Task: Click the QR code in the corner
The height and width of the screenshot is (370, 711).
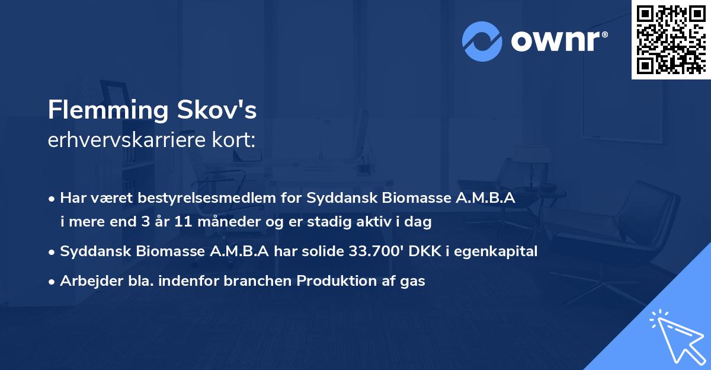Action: pos(670,40)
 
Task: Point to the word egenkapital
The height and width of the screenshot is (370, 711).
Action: pos(503,251)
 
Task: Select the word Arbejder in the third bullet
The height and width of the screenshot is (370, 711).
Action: pos(86,281)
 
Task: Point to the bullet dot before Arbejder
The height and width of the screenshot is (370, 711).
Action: pos(53,282)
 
